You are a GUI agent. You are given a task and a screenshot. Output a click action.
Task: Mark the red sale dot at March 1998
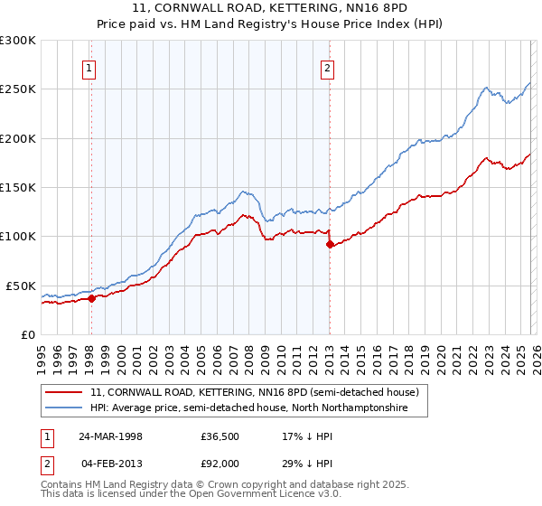pyautogui.click(x=92, y=298)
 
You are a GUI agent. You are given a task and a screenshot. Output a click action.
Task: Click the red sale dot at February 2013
pyautogui.click(x=330, y=244)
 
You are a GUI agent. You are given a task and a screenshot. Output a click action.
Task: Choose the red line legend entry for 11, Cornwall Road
pyautogui.click(x=254, y=393)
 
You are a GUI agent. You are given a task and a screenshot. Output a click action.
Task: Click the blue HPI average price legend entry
pyautogui.click(x=248, y=408)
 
